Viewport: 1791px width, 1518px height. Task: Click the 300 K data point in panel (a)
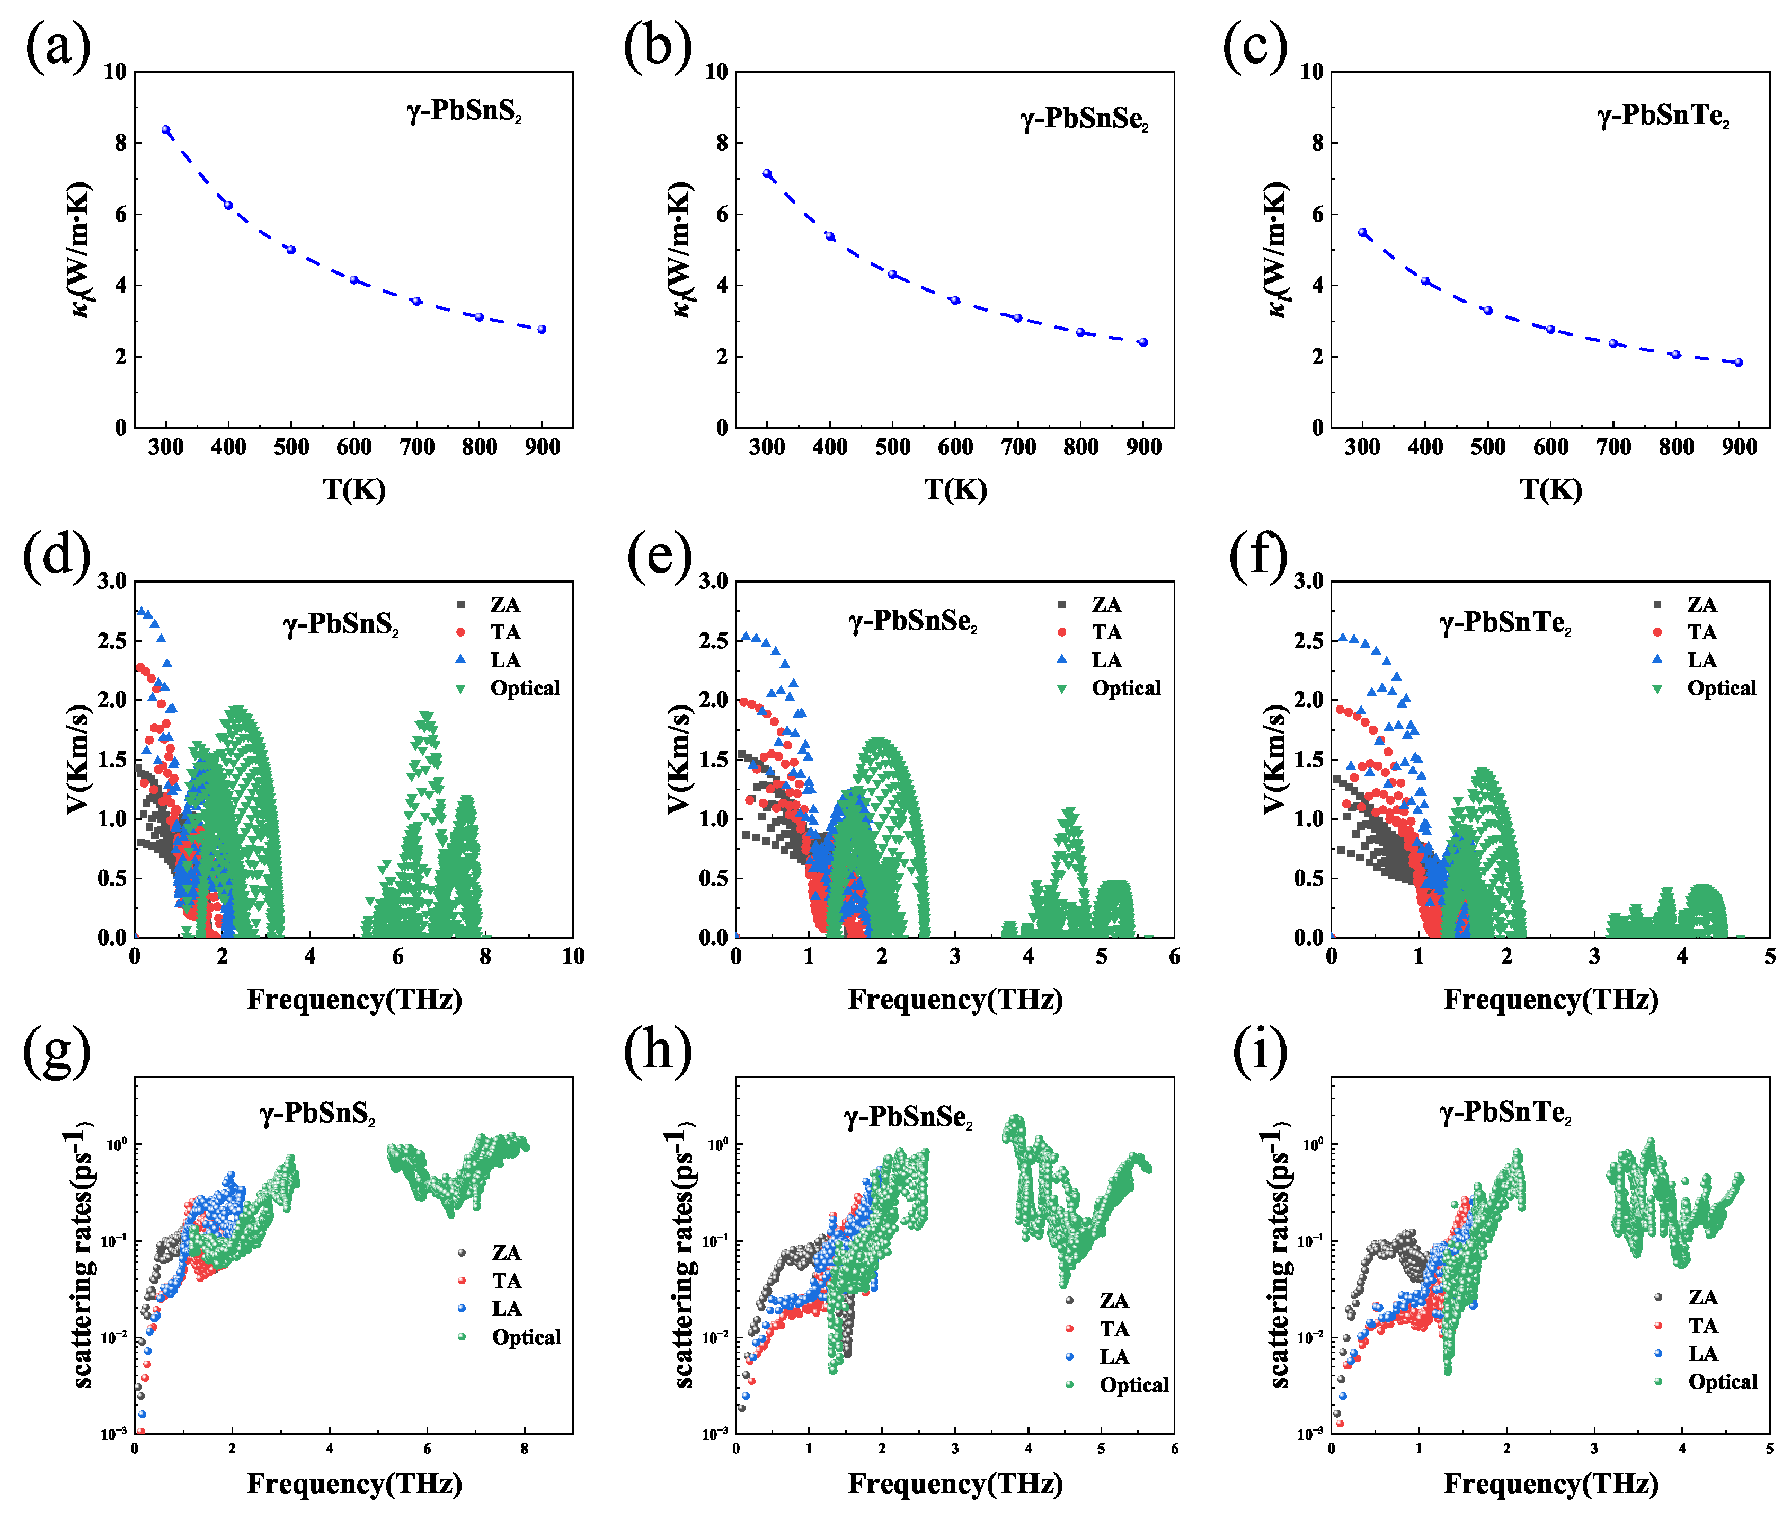[x=166, y=130]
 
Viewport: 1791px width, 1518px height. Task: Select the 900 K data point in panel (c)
[x=1739, y=363]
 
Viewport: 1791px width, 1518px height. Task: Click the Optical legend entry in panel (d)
[x=524, y=689]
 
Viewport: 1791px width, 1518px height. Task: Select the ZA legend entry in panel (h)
[x=1113, y=1300]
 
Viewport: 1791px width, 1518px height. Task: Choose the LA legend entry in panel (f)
[x=1701, y=660]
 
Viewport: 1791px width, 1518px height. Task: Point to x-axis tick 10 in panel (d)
[x=573, y=956]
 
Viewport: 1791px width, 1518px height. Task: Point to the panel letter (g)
[x=57, y=1052]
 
